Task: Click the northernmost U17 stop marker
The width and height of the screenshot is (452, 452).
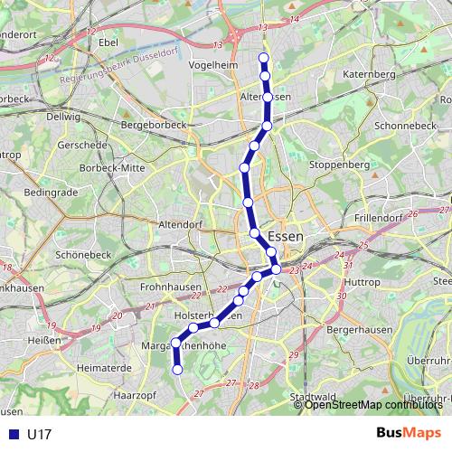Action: pos(264,59)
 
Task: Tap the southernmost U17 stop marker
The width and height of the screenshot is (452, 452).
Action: pos(177,369)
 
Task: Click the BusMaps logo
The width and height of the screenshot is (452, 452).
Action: pos(409,433)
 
